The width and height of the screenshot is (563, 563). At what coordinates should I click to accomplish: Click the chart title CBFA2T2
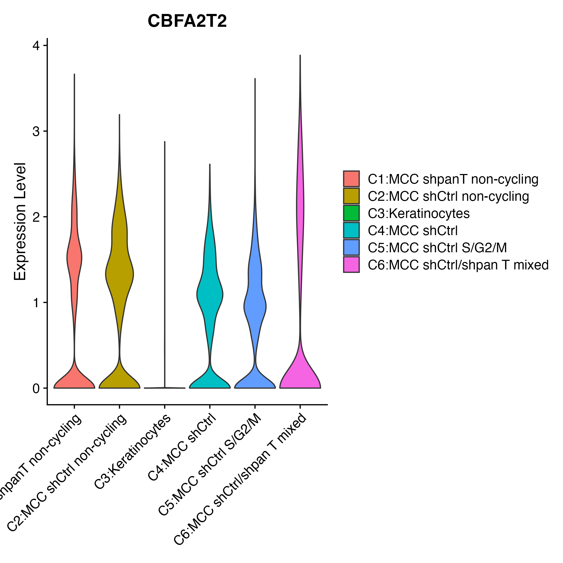pos(187,21)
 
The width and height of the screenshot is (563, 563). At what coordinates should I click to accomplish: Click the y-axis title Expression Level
pos(20,221)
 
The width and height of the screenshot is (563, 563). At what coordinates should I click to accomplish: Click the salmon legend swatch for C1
pos(351,179)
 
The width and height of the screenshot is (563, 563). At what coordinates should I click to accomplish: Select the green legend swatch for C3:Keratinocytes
pos(351,213)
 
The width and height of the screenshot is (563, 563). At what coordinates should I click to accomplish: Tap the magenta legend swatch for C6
pos(351,265)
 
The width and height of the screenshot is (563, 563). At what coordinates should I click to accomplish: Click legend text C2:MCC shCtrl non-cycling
pos(448,196)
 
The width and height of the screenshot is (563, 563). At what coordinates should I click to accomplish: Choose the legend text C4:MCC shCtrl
pos(413,231)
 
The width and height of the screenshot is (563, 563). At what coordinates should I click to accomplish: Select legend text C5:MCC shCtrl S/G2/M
pos(437,248)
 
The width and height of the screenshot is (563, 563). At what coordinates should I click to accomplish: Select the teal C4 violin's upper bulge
pos(210,294)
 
